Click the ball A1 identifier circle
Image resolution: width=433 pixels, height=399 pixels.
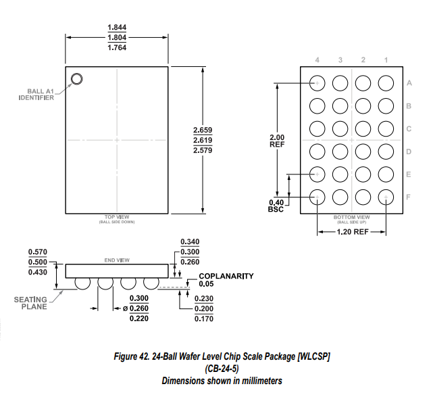point(76,79)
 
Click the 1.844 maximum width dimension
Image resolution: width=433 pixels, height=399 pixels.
point(117,27)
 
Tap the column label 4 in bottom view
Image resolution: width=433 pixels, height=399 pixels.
point(317,60)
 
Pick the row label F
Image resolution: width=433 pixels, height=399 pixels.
point(409,197)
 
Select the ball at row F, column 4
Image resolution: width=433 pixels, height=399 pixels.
point(317,197)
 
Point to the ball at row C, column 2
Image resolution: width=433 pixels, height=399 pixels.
point(363,128)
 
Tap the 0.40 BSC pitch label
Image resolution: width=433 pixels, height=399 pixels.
point(277,206)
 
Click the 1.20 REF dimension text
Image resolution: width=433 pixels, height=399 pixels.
point(352,231)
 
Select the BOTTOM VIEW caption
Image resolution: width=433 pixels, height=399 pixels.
point(352,217)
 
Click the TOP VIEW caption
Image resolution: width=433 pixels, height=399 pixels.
point(117,217)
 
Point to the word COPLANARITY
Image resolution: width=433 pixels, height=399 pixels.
point(226,276)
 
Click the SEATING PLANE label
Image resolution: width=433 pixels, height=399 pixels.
point(30,303)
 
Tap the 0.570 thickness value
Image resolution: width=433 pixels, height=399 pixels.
point(37,252)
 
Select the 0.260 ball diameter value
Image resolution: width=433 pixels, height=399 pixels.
point(138,308)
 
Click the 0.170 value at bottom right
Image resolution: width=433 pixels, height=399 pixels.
point(204,318)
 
